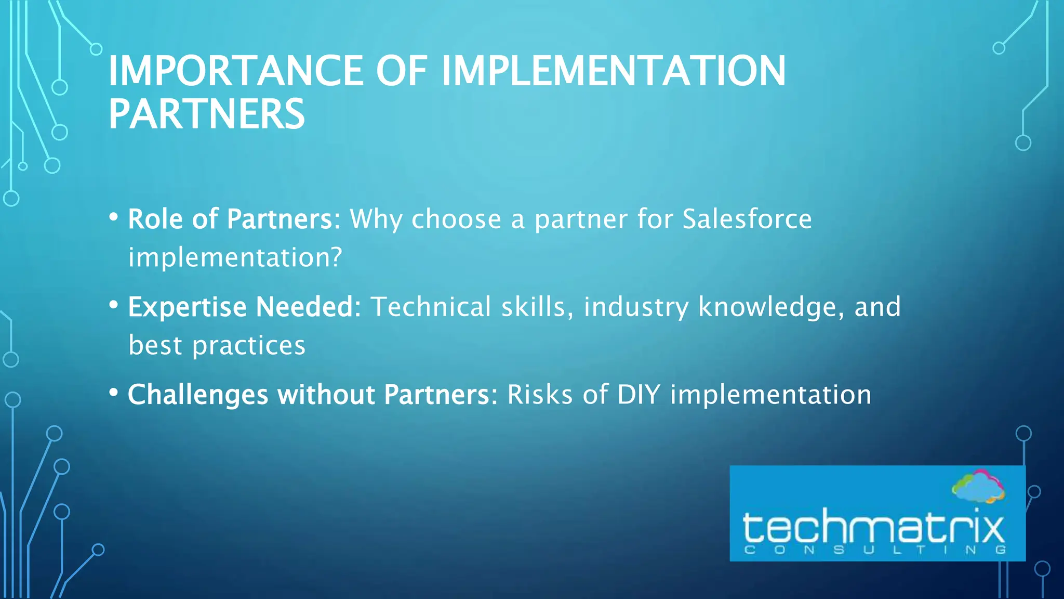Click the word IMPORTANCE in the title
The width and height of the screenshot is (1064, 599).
click(235, 71)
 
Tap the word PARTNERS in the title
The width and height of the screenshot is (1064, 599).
click(206, 114)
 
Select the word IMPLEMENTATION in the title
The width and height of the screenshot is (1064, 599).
click(613, 71)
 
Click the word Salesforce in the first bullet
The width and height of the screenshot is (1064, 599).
click(747, 219)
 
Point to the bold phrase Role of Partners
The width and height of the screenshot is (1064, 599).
click(234, 219)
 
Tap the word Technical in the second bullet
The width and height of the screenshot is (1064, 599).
click(431, 307)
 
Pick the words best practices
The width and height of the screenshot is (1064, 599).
click(217, 345)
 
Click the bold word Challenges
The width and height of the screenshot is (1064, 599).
click(198, 395)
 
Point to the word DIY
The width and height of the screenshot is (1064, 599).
click(639, 395)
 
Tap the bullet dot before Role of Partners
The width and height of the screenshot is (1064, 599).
click(114, 217)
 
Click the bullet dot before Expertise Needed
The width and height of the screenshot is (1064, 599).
click(114, 305)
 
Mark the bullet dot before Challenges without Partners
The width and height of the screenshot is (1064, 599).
click(114, 393)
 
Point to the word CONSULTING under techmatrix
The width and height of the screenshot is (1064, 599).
click(875, 550)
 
